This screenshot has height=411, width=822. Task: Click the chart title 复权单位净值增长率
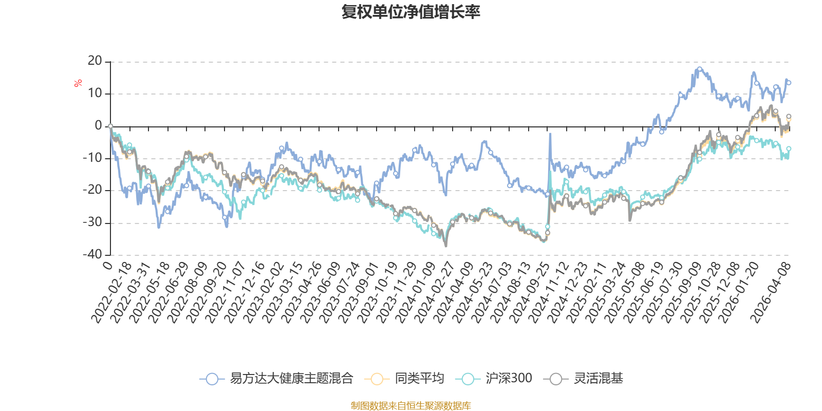pyautogui.click(x=410, y=12)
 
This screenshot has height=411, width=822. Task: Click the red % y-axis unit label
pyautogui.click(x=78, y=83)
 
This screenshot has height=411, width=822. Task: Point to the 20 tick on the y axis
pyautogui.click(x=95, y=61)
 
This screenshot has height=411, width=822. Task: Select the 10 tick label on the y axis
pyautogui.click(x=95, y=94)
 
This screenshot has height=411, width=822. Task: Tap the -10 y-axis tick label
pyautogui.click(x=92, y=158)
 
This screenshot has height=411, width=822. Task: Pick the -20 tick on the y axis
pyautogui.click(x=92, y=190)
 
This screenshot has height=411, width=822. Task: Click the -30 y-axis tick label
pyautogui.click(x=92, y=222)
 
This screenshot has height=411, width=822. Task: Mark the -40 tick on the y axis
pyautogui.click(x=92, y=254)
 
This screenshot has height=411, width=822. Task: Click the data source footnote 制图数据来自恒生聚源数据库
pyautogui.click(x=410, y=406)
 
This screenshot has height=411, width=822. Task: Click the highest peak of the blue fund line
pyautogui.click(x=699, y=68)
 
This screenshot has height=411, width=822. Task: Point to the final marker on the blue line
pyautogui.click(x=789, y=83)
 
